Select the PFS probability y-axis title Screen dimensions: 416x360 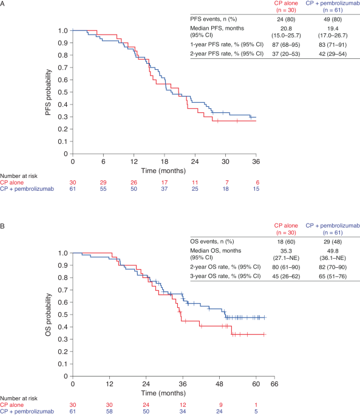point(47,92)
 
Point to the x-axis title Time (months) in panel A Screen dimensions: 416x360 point(164,171)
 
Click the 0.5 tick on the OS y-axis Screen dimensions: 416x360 point(63,315)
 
